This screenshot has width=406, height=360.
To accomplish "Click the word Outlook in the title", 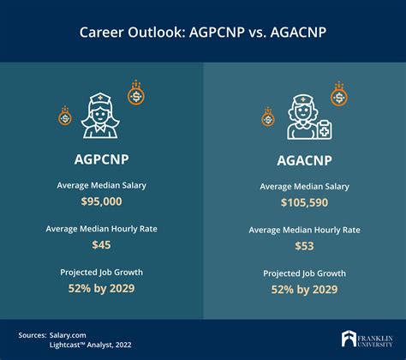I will tap(160, 33).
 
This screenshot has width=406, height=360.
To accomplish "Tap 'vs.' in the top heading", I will tap(258, 33).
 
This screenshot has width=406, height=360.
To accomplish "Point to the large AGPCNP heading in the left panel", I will tap(101, 159).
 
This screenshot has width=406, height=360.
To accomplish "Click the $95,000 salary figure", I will tap(101, 201).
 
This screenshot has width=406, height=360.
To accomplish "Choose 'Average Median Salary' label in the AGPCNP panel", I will tap(101, 185).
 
